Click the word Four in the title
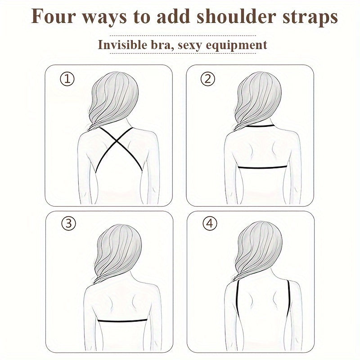(x=50, y=18)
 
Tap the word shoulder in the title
(x=237, y=18)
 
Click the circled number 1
(x=67, y=80)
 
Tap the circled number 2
(x=207, y=80)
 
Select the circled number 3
(x=68, y=223)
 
